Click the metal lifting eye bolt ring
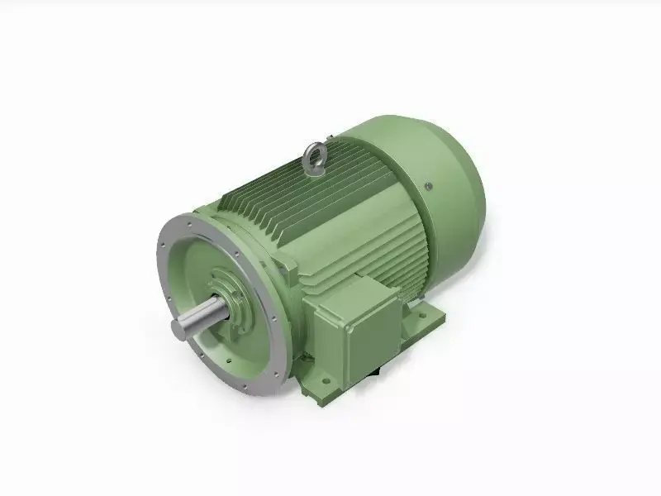[315, 153]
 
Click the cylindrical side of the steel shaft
[198, 318]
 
